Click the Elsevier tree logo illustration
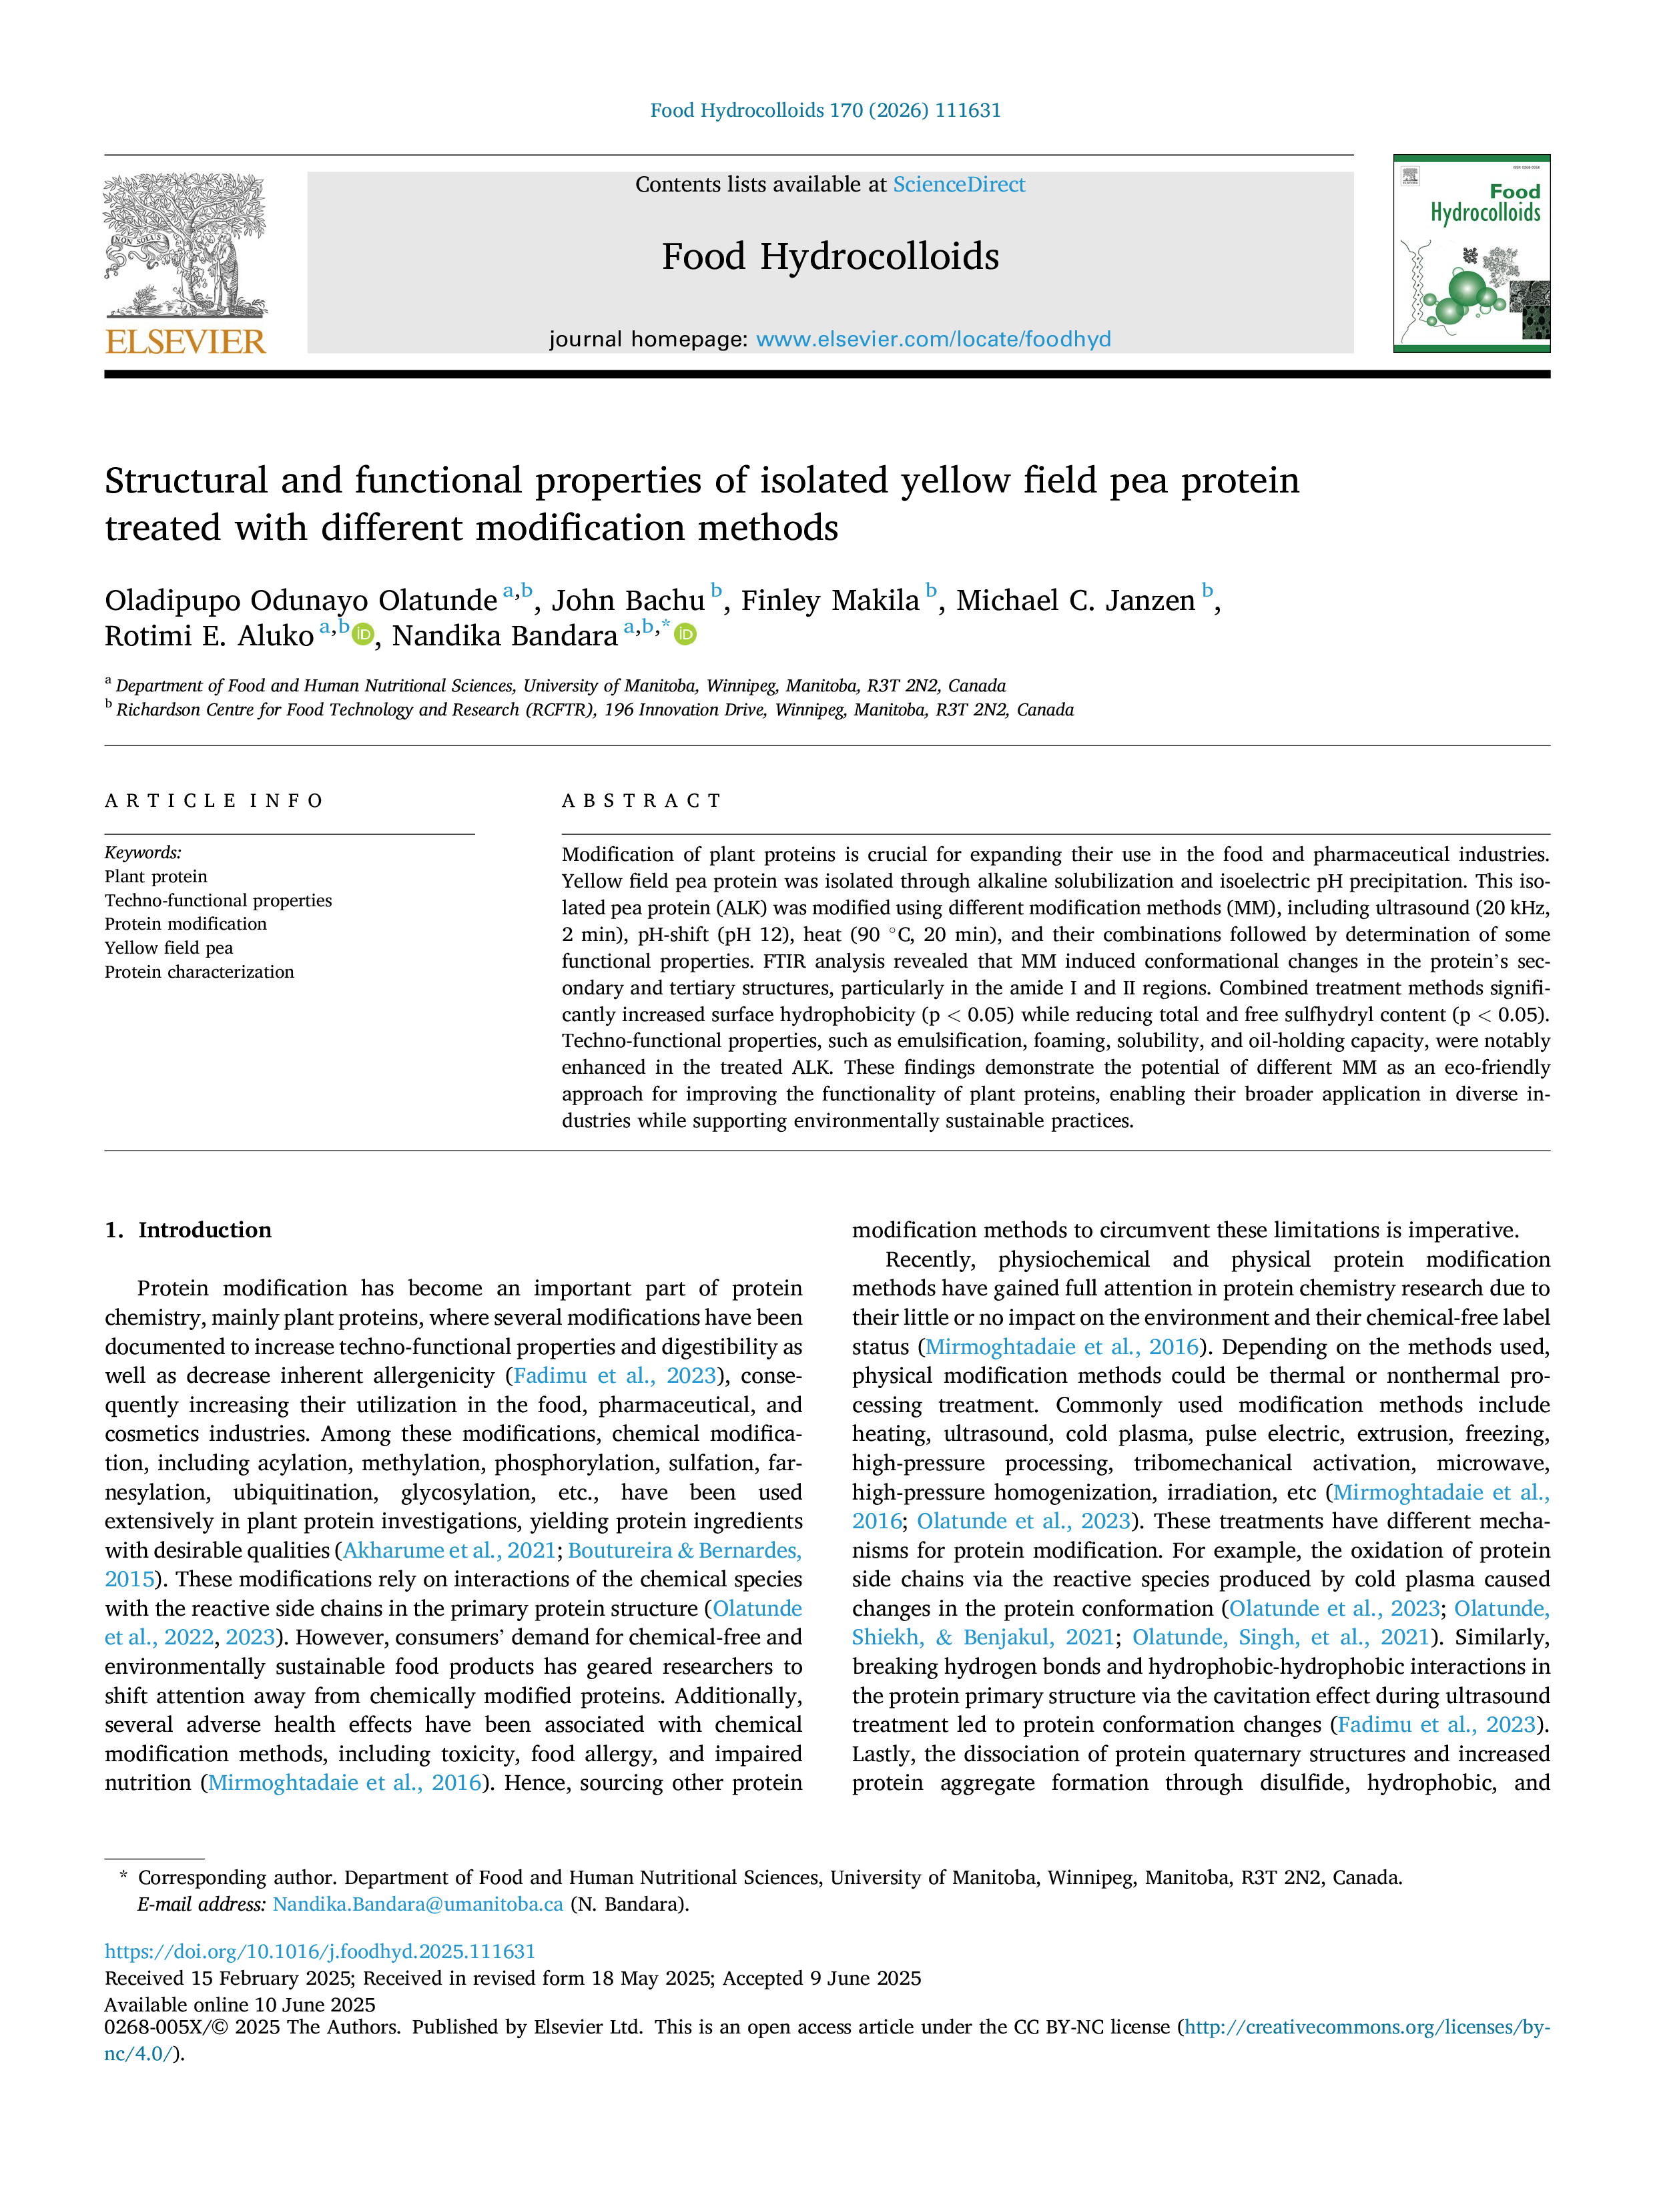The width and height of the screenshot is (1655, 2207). coord(186,246)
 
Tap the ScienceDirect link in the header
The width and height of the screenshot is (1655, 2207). coord(959,185)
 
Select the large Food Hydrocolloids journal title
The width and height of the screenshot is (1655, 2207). coord(830,256)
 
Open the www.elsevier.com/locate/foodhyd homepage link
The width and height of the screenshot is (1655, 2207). coord(933,339)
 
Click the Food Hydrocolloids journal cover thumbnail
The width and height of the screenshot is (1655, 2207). coord(1471,254)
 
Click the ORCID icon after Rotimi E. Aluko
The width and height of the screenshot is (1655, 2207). coord(363,635)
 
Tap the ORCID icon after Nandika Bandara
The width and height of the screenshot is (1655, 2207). coord(685,635)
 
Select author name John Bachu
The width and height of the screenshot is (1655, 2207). coord(629,601)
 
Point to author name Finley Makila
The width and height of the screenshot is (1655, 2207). coord(830,601)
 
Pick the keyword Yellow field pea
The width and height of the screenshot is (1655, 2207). coord(169,948)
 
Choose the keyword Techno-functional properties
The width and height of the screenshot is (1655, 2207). coord(218,900)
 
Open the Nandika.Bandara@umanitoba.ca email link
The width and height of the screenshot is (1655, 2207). coord(418,1904)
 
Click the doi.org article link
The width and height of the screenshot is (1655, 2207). coord(320,1951)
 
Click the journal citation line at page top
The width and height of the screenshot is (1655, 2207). coord(826,111)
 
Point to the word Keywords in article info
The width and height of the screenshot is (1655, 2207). coord(143,852)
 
